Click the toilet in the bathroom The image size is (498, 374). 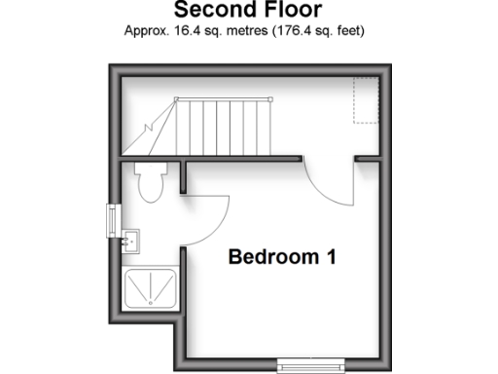coord(150,182)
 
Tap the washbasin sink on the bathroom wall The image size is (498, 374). coord(130,240)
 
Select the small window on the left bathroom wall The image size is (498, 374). coord(112,219)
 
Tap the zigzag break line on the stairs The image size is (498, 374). coord(153,127)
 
